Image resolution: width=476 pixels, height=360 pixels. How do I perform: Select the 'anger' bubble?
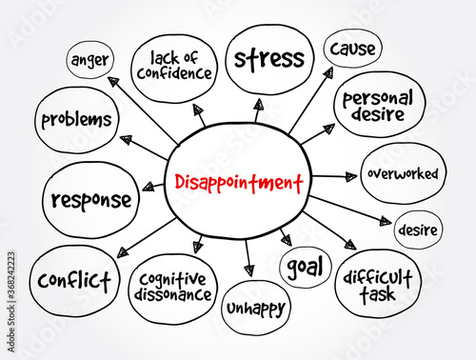(x=90, y=60)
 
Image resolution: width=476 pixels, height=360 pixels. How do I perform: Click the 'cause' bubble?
(x=353, y=47)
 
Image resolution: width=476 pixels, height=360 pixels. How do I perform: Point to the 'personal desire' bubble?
(x=379, y=104)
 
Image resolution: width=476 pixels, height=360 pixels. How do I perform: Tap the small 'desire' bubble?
(x=417, y=229)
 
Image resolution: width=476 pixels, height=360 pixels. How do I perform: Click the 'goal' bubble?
(x=306, y=267)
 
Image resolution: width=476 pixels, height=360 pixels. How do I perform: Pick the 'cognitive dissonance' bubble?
(x=172, y=287)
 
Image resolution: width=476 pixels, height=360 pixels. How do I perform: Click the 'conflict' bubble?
(x=75, y=280)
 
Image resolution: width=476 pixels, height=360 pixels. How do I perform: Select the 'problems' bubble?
(x=76, y=121)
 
